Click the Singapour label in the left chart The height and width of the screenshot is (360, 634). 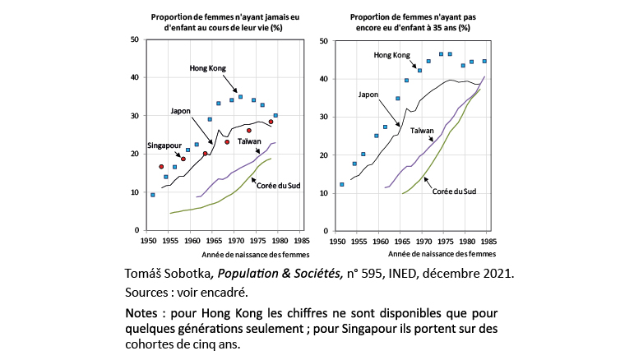click(164, 145)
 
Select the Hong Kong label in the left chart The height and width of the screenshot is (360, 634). click(208, 67)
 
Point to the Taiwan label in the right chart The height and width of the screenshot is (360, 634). click(422, 130)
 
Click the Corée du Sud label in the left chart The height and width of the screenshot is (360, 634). click(278, 186)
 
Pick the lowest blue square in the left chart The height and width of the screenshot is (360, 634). click(153, 195)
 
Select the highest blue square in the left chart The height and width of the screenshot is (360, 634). click(240, 97)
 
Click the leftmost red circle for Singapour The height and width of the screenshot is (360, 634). click(161, 167)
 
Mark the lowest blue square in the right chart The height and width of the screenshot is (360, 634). click(342, 184)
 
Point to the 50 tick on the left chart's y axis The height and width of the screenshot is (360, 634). click(134, 39)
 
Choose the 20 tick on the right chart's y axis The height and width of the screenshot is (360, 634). click(325, 155)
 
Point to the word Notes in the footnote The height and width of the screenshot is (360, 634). click(145, 314)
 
